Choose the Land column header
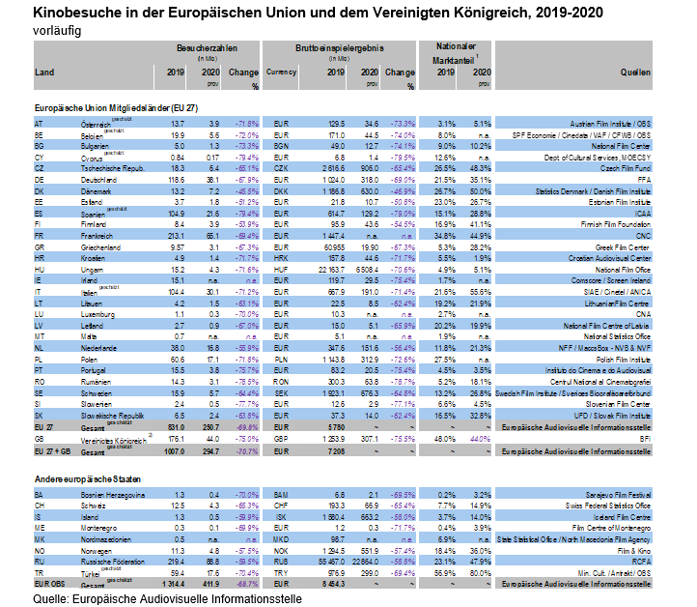pos(44,72)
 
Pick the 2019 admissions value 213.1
pos(175,235)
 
